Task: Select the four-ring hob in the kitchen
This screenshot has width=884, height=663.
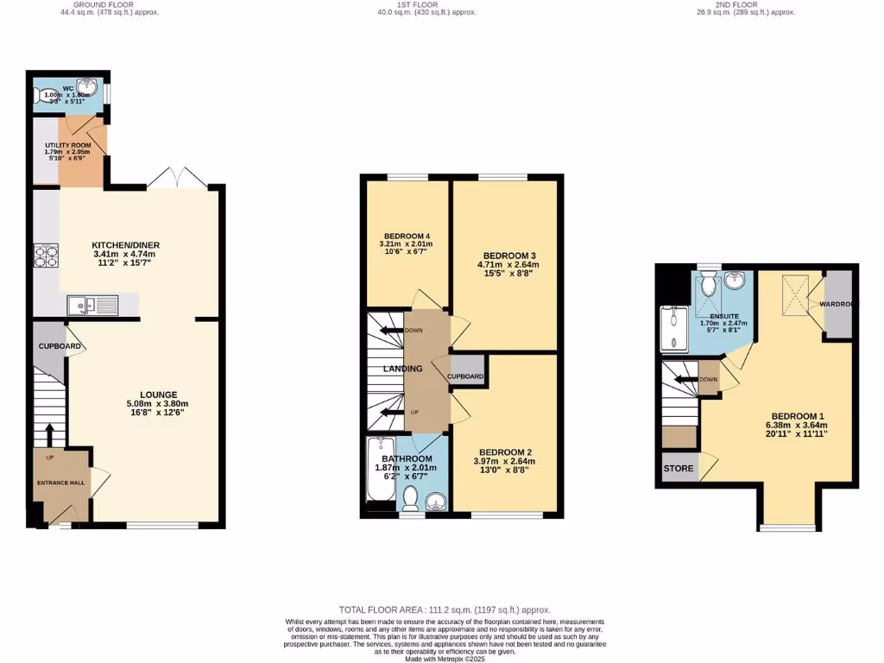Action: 45,256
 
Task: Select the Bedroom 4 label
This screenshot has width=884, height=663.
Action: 407,237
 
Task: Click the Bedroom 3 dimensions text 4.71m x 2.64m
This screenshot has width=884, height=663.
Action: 509,265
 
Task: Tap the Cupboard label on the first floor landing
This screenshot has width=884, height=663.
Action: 465,376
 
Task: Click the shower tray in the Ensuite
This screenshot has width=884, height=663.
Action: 672,330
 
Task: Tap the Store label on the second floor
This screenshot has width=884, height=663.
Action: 678,469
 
